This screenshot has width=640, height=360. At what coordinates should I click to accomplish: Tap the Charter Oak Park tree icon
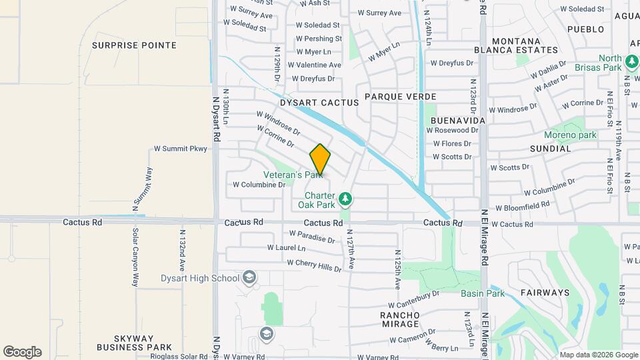click(x=345, y=198)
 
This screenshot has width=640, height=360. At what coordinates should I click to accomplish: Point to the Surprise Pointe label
click(x=134, y=45)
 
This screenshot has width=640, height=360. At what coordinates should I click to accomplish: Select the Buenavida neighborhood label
click(x=457, y=120)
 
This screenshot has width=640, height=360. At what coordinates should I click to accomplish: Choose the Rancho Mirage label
click(x=400, y=319)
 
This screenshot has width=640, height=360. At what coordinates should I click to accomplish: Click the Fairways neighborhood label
click(x=545, y=293)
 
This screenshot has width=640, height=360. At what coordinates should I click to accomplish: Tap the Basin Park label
click(x=482, y=293)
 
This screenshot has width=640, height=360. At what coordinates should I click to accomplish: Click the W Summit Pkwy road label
click(x=181, y=149)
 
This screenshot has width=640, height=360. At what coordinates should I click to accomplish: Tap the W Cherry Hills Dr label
click(x=313, y=264)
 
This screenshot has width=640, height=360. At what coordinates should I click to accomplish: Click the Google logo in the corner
click(x=22, y=352)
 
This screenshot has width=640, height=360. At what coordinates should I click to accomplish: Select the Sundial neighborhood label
click(x=551, y=149)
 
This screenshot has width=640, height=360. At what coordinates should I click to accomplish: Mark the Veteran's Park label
click(x=292, y=175)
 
